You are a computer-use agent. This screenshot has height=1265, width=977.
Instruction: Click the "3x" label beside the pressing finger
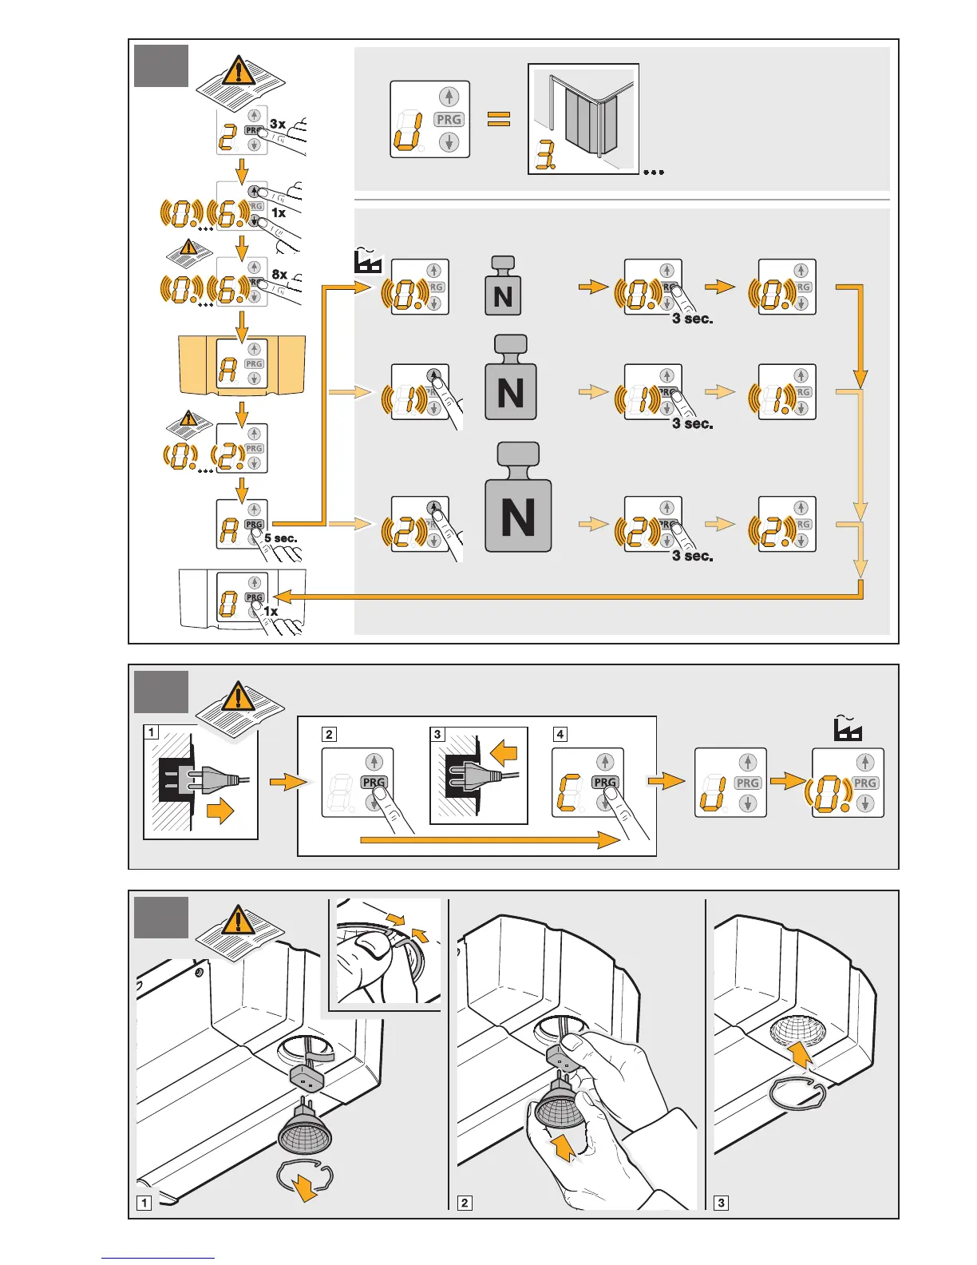(277, 124)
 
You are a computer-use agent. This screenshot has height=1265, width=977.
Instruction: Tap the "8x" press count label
(279, 274)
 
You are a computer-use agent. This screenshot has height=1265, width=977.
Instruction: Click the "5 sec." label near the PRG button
(281, 538)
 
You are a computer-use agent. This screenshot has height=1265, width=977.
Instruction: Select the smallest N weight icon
(503, 287)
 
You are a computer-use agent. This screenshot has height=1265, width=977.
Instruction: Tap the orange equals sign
(499, 120)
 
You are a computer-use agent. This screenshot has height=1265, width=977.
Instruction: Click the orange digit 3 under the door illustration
(545, 158)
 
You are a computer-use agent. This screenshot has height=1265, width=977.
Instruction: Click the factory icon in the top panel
(368, 260)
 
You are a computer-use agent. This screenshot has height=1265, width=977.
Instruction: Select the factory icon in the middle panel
(848, 728)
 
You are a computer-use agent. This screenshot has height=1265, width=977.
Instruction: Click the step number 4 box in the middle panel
(560, 734)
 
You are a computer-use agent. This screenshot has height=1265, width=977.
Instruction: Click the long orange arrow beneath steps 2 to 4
(489, 839)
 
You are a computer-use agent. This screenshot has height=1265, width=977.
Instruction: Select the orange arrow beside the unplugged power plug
(220, 812)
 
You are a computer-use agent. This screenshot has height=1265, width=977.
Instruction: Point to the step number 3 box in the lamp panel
(721, 1203)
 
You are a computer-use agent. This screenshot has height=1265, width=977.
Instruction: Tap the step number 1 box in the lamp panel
(144, 1203)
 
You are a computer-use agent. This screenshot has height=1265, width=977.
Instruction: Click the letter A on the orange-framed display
(228, 368)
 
